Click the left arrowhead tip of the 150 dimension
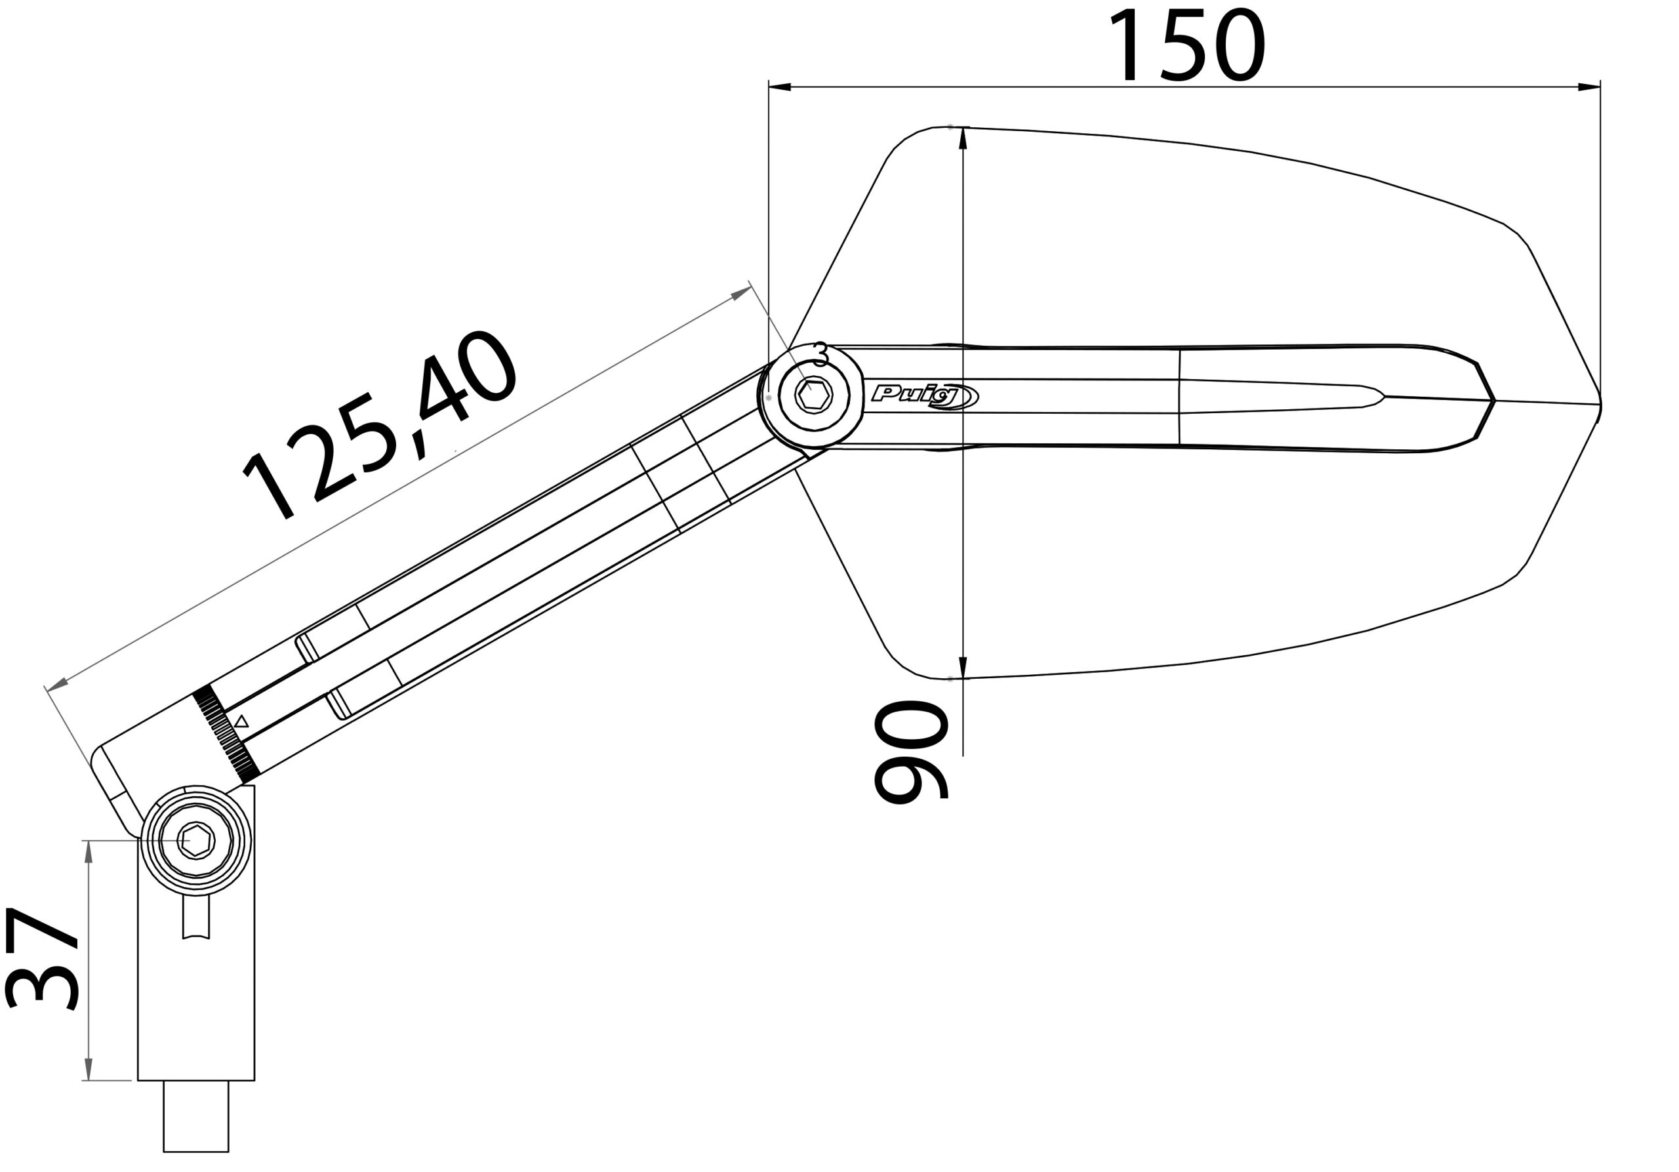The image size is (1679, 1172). pyautogui.click(x=769, y=87)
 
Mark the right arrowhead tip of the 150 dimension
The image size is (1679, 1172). pyautogui.click(x=1600, y=87)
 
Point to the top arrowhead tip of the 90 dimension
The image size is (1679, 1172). pyautogui.click(x=962, y=128)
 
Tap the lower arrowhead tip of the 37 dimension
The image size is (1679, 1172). pyautogui.click(x=89, y=1080)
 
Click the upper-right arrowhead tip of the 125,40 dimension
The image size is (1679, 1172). pyautogui.click(x=751, y=287)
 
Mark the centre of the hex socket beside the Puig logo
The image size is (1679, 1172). pyautogui.click(x=814, y=395)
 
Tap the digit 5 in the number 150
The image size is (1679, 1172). pyautogui.click(x=1184, y=46)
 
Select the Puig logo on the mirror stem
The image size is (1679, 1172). pyautogui.click(x=924, y=396)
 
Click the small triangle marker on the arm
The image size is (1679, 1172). pyautogui.click(x=241, y=721)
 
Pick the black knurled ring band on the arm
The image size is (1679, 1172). pyautogui.click(x=225, y=733)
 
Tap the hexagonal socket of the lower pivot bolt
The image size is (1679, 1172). pyautogui.click(x=196, y=841)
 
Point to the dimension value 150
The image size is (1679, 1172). pyautogui.click(x=1188, y=46)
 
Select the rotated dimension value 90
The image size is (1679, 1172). pyautogui.click(x=911, y=752)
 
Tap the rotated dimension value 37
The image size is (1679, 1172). pyautogui.click(x=42, y=960)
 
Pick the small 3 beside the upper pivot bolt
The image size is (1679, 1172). pyautogui.click(x=820, y=355)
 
